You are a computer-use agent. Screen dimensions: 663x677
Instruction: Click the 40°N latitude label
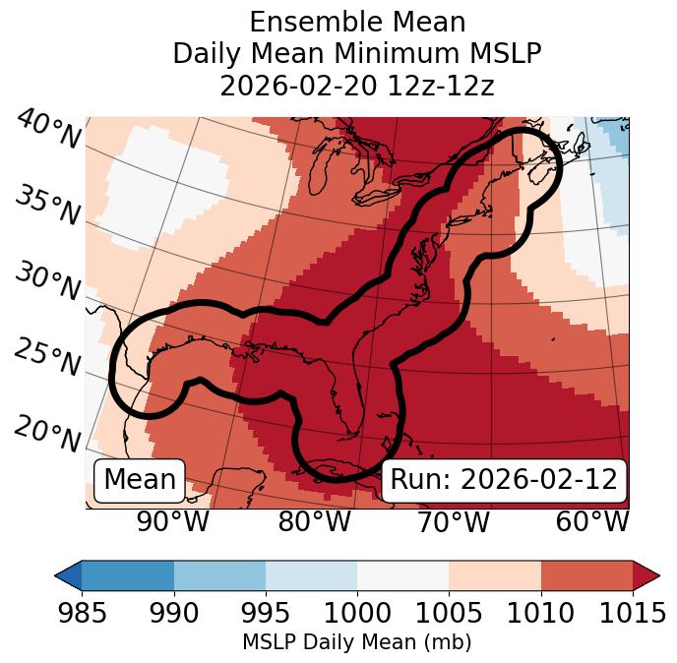click(x=47, y=130)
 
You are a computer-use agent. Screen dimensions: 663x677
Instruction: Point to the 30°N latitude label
click(x=46, y=281)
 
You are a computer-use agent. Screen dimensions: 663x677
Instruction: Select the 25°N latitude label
click(x=46, y=357)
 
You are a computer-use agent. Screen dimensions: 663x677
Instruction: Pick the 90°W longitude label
click(x=172, y=521)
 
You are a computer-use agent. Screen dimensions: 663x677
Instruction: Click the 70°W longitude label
click(x=454, y=521)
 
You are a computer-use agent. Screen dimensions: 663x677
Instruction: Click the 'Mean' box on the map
click(x=140, y=480)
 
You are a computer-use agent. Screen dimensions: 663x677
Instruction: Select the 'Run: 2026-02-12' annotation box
click(x=504, y=480)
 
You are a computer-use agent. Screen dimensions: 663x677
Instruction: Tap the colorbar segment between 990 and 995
click(x=219, y=575)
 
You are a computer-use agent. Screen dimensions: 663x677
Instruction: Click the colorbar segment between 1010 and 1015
click(x=586, y=575)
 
